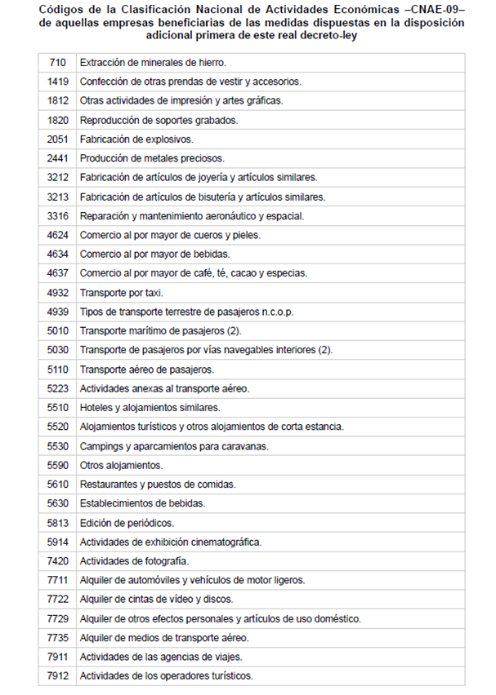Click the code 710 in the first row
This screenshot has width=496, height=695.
57,63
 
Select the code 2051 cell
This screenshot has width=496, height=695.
57,139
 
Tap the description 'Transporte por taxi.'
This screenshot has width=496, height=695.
122,292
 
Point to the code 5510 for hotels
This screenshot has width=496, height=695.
57,407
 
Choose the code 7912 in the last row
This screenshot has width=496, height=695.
57,675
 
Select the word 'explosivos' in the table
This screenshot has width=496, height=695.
170,139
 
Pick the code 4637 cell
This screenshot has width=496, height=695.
57,273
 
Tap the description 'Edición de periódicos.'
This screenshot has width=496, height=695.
127,522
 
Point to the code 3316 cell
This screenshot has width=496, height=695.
57,216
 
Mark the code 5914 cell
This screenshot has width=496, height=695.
57,542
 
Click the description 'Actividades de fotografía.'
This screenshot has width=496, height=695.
134,560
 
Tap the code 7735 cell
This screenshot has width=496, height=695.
57,637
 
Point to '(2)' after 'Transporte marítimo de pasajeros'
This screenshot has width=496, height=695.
233,330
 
